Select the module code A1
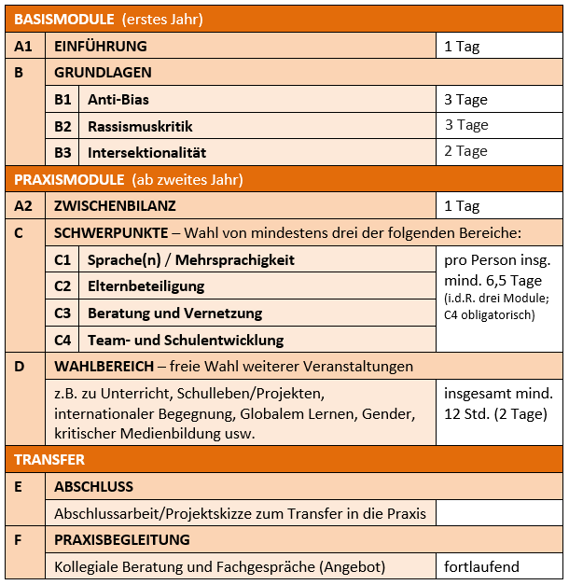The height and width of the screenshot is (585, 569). click(24, 46)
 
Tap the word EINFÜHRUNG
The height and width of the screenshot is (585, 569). click(101, 46)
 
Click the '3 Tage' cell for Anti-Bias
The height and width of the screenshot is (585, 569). click(465, 100)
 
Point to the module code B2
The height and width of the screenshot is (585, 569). click(62, 126)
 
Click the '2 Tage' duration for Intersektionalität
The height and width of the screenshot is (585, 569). click(465, 151)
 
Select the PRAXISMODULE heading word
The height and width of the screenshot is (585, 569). click(70, 179)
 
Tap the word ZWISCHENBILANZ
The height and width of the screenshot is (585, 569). click(115, 205)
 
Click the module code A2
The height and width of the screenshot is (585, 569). click(24, 205)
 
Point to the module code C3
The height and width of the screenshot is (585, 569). click(62, 313)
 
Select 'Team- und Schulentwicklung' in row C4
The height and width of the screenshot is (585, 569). click(186, 341)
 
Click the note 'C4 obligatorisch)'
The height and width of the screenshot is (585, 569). click(490, 314)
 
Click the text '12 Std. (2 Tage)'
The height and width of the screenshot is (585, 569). click(496, 414)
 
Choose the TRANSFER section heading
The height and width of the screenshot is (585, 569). click(50, 459)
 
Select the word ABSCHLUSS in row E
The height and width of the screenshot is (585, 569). click(93, 486)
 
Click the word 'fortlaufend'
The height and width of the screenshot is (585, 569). click(481, 566)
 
